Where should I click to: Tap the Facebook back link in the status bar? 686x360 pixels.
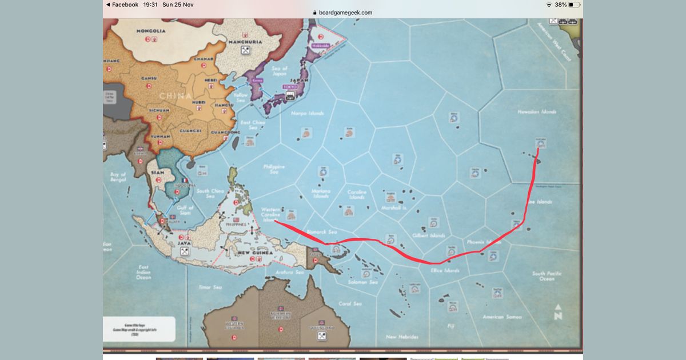pos(122,5)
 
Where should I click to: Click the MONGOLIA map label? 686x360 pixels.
pos(151,30)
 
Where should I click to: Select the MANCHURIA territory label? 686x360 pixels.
pos(245,42)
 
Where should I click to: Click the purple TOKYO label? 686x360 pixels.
pos(290,87)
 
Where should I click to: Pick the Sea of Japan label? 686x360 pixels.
pos(280,71)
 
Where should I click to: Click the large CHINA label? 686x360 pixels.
pos(175,96)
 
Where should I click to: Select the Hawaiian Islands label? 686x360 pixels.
pos(537,112)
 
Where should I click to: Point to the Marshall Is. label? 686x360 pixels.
pos(394,208)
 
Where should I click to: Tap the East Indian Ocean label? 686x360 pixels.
pos(143,272)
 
